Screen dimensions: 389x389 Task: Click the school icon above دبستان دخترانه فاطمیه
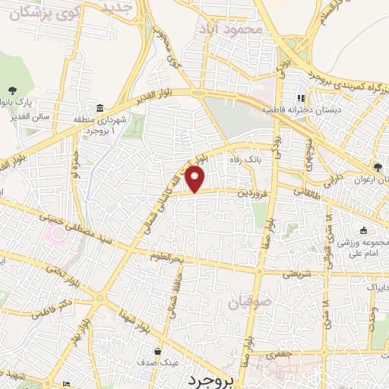tap(301, 98)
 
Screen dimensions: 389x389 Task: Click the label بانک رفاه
tap(245, 160)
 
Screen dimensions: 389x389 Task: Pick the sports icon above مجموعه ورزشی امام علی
tap(363, 230)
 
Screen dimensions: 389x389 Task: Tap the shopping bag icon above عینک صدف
tap(157, 351)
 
